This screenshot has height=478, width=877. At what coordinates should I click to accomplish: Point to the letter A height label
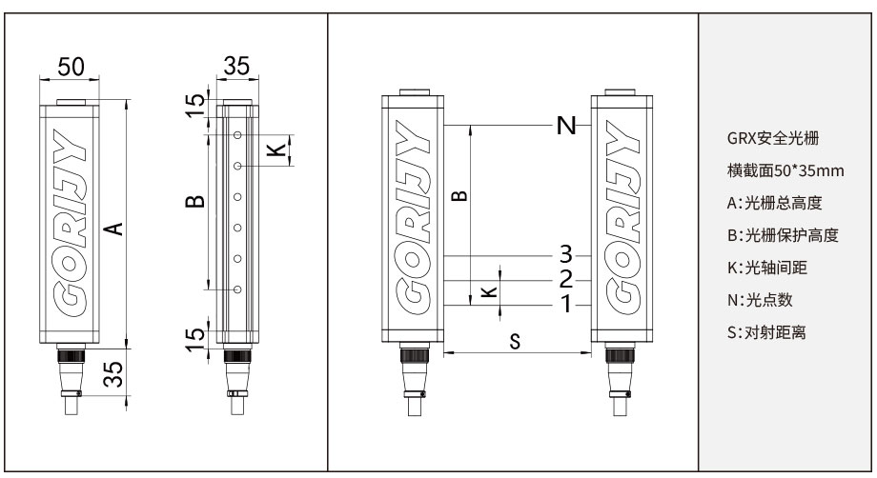(x=112, y=228)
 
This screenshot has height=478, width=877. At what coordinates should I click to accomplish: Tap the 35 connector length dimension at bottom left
(x=112, y=374)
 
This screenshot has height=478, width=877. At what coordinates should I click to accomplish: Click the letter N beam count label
(x=566, y=127)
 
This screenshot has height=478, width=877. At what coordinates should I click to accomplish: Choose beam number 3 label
(x=566, y=254)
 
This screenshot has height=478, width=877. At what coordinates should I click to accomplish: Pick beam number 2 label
(x=566, y=279)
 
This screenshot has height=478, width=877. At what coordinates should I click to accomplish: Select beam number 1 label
(x=566, y=305)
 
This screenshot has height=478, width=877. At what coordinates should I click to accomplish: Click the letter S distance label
(x=515, y=342)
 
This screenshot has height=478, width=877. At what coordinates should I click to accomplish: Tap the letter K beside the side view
(x=275, y=149)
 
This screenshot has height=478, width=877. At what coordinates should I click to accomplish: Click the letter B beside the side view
(x=194, y=202)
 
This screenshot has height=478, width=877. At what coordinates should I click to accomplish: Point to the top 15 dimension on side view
(x=194, y=106)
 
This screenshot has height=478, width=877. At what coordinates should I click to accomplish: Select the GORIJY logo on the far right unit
(x=622, y=218)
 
